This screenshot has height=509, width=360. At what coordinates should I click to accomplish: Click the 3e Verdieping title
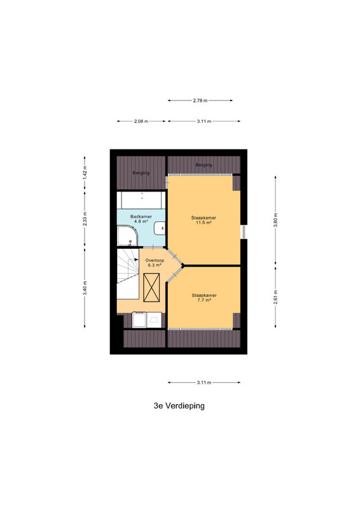tap(179, 406)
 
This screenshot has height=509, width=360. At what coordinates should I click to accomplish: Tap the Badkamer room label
tap(141, 219)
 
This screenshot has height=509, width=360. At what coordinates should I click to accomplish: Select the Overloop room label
tap(155, 263)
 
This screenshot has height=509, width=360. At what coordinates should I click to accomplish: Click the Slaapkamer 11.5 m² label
tap(204, 220)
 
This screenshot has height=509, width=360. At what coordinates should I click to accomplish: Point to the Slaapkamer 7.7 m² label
tap(204, 298)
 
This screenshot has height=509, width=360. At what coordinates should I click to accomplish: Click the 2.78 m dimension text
tap(200, 101)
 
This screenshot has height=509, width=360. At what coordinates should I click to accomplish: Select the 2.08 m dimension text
tap(141, 122)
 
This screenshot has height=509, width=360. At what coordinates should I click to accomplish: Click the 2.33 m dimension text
tap(85, 219)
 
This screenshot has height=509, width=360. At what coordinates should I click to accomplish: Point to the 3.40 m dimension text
tap(85, 288)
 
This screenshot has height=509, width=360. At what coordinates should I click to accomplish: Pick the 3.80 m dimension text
tap(275, 220)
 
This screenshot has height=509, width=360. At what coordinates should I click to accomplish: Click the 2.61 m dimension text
tap(275, 297)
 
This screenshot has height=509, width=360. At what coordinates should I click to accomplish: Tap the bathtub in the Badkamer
tap(141, 200)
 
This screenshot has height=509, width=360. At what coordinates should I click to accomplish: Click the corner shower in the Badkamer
tap(127, 235)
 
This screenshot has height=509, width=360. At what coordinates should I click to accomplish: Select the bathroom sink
tap(160, 228)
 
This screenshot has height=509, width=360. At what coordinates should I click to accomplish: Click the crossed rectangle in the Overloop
tap(151, 288)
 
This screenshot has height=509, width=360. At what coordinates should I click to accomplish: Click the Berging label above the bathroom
tap(141, 173)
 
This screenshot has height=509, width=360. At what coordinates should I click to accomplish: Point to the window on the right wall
tap(244, 232)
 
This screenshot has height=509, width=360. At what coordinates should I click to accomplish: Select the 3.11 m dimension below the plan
tap(204, 383)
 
